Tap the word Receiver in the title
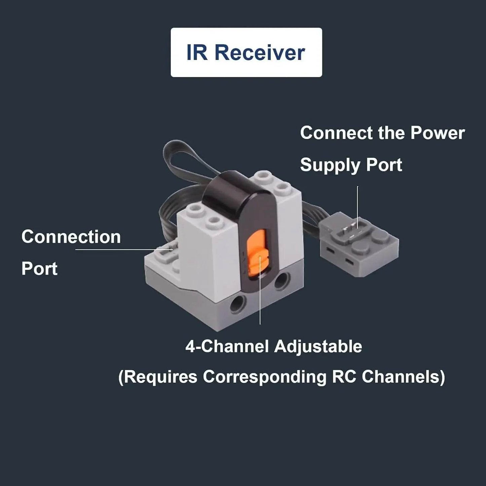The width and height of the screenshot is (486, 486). [260, 53]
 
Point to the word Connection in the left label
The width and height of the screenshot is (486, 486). [71, 237]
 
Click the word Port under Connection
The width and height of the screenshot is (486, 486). [39, 269]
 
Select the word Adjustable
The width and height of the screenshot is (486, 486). [318, 346]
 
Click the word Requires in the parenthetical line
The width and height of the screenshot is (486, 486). [158, 377]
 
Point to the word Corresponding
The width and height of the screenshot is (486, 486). [264, 377]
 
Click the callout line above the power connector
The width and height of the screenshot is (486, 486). [358, 205]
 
